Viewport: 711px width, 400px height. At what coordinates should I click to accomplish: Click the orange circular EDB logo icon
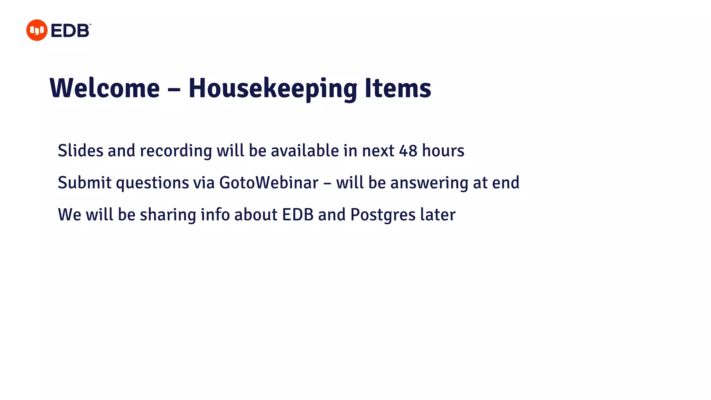pyautogui.click(x=36, y=30)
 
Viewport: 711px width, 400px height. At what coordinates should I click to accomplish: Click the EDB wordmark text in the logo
pyautogui.click(x=70, y=31)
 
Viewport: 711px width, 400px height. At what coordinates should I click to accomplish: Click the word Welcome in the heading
pyautogui.click(x=105, y=88)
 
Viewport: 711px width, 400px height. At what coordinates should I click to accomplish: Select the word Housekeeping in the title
pyautogui.click(x=273, y=88)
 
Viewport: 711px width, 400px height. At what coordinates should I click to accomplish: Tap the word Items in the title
pyautogui.click(x=398, y=88)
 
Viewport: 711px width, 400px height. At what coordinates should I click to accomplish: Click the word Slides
pyautogui.click(x=81, y=151)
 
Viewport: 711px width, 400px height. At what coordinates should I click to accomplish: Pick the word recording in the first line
pyautogui.click(x=176, y=151)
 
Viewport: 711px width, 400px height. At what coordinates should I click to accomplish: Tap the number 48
pyautogui.click(x=408, y=151)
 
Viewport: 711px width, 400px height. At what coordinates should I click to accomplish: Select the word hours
pyautogui.click(x=443, y=151)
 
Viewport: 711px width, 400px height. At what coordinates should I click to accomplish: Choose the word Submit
pyautogui.click(x=84, y=183)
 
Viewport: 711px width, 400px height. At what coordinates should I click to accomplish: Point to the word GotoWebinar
pyautogui.click(x=269, y=183)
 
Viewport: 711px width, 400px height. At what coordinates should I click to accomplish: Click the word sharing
pyautogui.click(x=168, y=215)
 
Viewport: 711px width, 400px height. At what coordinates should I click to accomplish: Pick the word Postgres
pyautogui.click(x=383, y=215)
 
